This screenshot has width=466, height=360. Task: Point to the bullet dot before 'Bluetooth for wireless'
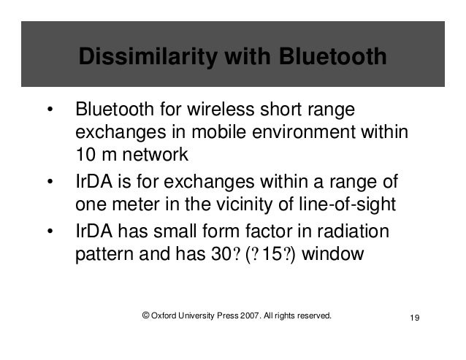coord(50,112)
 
